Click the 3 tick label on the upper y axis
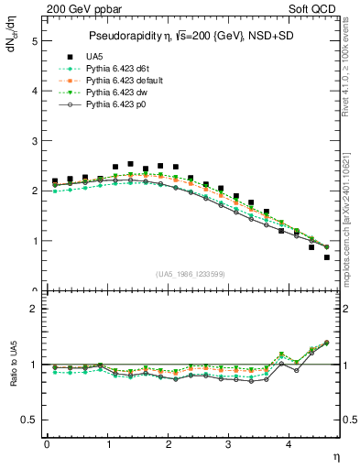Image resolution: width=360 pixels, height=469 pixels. (x=34, y=141)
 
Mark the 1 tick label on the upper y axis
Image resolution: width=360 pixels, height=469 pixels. (x=34, y=241)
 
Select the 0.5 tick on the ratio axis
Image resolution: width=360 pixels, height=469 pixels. (x=31, y=420)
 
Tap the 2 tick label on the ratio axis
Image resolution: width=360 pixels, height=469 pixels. (x=34, y=309)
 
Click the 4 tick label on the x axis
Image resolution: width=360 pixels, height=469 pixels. (x=289, y=444)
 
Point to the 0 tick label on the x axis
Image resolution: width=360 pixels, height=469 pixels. (x=47, y=444)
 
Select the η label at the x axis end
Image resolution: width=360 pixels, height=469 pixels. (x=337, y=454)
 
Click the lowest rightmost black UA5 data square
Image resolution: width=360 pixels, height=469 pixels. (x=326, y=257)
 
